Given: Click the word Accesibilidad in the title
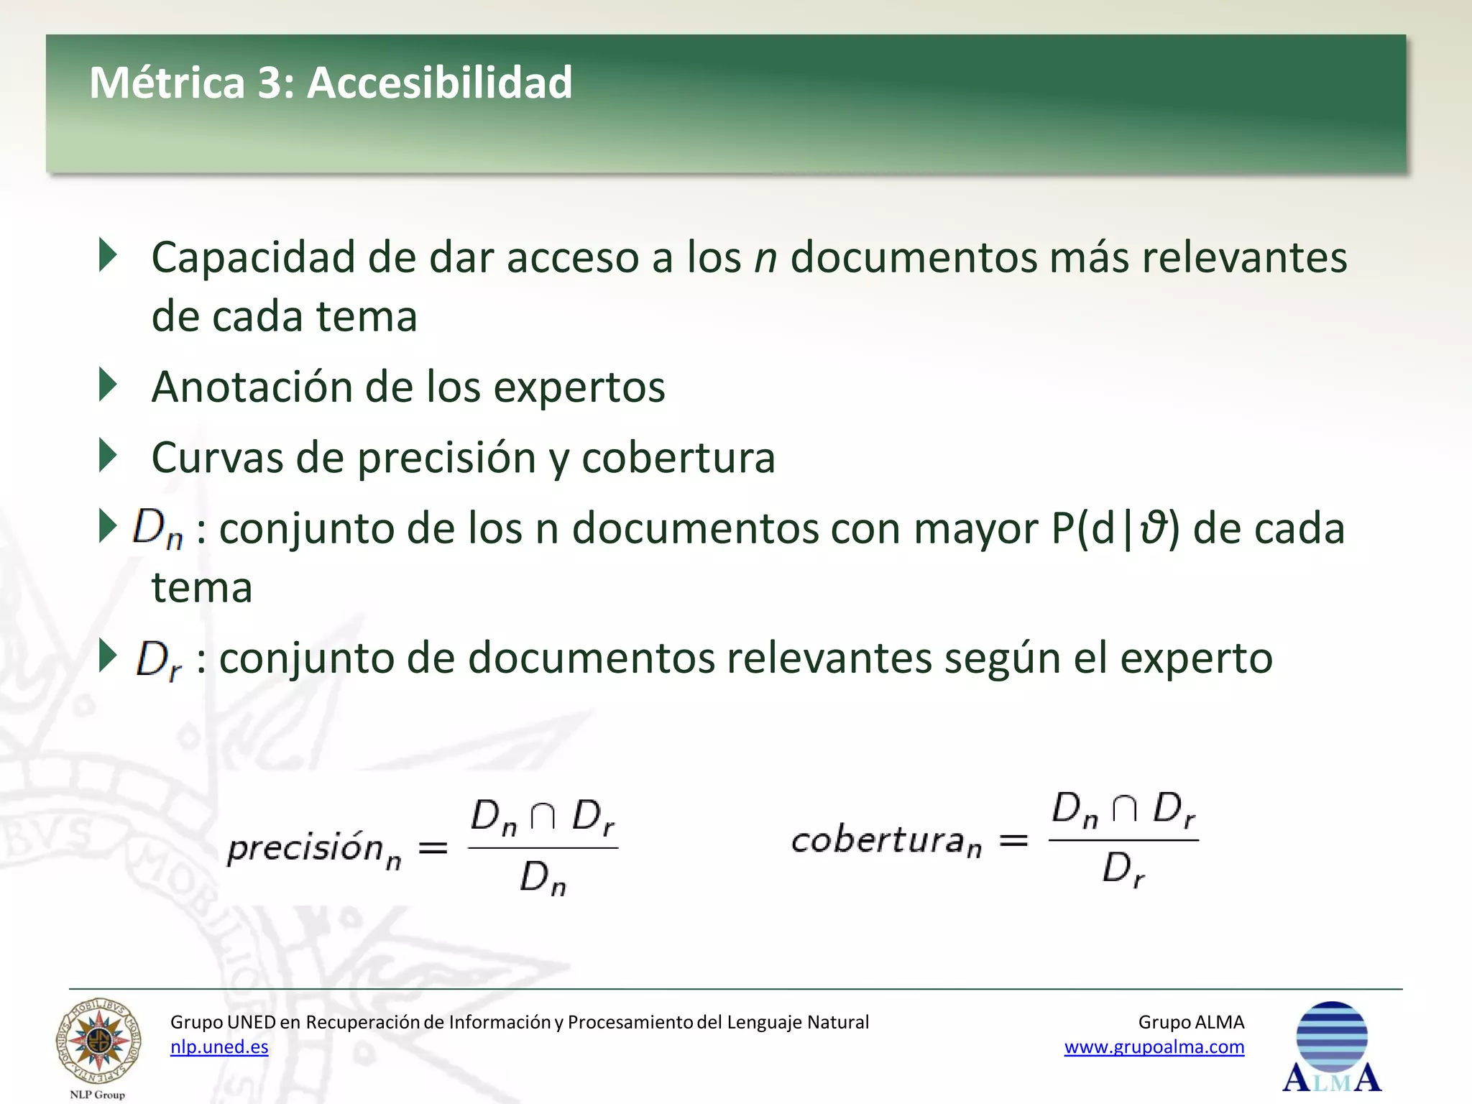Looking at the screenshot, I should pyautogui.click(x=439, y=83).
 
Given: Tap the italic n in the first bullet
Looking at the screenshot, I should pyautogui.click(x=765, y=259).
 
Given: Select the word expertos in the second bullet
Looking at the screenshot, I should pyautogui.click(x=579, y=388).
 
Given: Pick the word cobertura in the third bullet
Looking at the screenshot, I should pyautogui.click(x=678, y=458).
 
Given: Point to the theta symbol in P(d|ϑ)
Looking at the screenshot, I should pyautogui.click(x=1152, y=528).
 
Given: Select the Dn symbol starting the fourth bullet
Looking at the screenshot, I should pyautogui.click(x=157, y=528).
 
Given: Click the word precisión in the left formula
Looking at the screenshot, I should pyautogui.click(x=305, y=848).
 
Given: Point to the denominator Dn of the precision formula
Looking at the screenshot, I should pyautogui.click(x=543, y=878).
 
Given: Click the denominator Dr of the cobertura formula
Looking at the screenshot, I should pyautogui.click(x=1123, y=870).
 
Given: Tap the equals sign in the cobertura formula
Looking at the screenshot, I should pyautogui.click(x=1013, y=839).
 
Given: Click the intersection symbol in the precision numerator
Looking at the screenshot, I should pyautogui.click(x=543, y=816).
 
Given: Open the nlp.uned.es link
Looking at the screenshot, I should pyautogui.click(x=219, y=1047).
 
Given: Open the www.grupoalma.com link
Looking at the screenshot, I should pyautogui.click(x=1154, y=1047).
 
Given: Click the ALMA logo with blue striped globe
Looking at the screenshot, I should pyautogui.click(x=1331, y=1046).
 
